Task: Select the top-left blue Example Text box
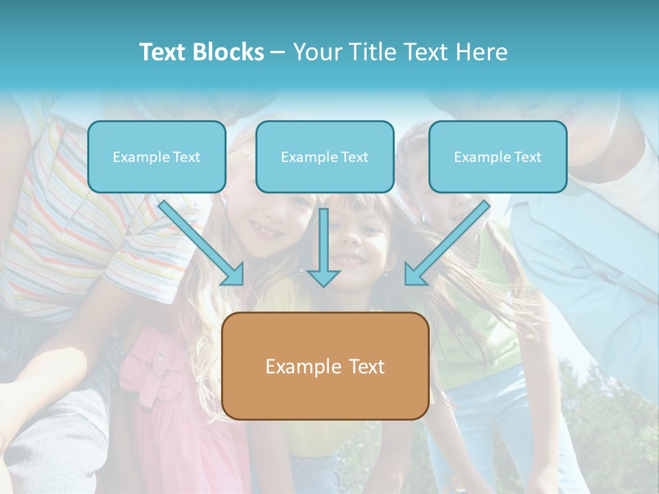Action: tap(157, 156)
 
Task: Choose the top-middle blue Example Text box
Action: tap(325, 156)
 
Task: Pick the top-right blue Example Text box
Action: tap(498, 156)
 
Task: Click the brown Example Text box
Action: tap(325, 366)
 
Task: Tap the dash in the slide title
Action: tap(279, 52)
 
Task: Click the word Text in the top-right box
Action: tap(527, 157)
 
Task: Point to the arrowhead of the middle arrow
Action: tap(323, 278)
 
